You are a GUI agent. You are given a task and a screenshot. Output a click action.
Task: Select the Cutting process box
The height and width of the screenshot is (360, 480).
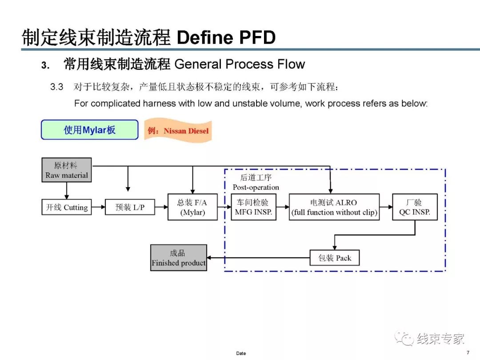(x=67, y=207)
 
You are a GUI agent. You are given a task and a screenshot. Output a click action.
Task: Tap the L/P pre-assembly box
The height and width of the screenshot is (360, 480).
(x=130, y=207)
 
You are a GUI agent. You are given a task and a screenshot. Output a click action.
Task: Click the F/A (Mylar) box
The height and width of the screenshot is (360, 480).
(x=192, y=207)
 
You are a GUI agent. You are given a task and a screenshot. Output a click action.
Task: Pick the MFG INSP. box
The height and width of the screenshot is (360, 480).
(x=254, y=207)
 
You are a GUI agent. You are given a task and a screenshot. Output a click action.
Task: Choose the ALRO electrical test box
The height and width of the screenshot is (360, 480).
(x=334, y=207)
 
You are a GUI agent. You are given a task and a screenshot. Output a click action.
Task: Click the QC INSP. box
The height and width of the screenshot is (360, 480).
(x=415, y=207)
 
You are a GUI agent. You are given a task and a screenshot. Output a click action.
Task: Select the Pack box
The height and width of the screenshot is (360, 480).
(x=335, y=258)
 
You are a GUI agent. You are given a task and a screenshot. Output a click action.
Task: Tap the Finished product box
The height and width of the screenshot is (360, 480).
(x=178, y=258)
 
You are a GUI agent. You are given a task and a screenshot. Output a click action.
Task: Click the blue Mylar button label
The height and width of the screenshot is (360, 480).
(x=90, y=130)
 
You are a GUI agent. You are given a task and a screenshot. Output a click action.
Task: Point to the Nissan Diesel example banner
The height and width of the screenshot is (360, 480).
(x=178, y=131)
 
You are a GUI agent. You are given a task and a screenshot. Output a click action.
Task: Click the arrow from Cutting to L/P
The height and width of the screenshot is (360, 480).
(x=98, y=207)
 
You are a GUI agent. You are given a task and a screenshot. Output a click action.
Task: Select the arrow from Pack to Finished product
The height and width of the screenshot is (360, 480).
(x=258, y=258)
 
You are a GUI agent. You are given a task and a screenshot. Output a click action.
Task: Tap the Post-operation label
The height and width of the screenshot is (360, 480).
(x=256, y=187)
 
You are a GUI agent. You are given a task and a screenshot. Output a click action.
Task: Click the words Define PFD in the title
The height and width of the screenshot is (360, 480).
(x=226, y=38)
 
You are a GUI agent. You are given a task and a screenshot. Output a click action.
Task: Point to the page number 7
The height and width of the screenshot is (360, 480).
(x=468, y=352)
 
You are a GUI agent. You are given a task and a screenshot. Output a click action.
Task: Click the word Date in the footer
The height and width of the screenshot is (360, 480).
(x=241, y=353)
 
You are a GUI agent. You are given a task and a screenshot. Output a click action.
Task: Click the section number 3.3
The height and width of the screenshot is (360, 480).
(x=57, y=87)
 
